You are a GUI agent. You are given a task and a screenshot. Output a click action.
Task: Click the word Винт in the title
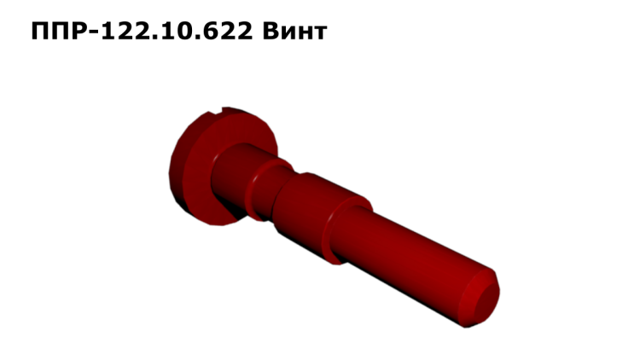pyautogui.click(x=294, y=31)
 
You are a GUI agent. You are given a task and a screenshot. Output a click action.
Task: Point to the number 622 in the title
pyautogui.click(x=230, y=31)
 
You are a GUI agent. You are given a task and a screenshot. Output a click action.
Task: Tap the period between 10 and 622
pyautogui.click(x=199, y=38)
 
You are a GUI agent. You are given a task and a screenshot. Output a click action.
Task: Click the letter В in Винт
pyautogui.click(x=271, y=31)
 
